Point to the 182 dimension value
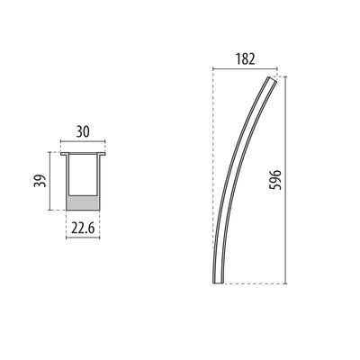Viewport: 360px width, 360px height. pos(244,59)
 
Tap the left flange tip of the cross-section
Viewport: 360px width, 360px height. pos(62,153)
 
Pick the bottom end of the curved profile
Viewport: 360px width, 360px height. pos(216,280)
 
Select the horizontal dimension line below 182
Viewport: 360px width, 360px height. pos(243,69)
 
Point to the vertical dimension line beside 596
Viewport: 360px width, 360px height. pos(287,180)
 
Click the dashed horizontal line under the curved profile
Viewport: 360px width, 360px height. pos(252,283)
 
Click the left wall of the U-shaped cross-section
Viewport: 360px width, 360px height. pos(67,180)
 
